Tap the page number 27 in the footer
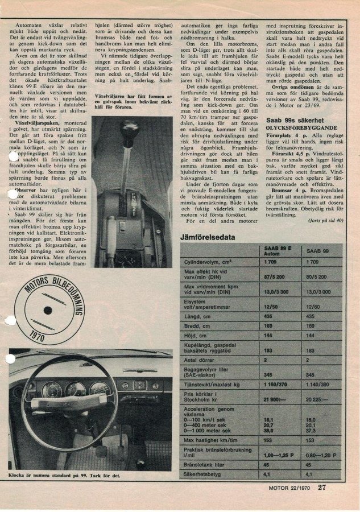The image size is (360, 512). coord(322,487)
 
